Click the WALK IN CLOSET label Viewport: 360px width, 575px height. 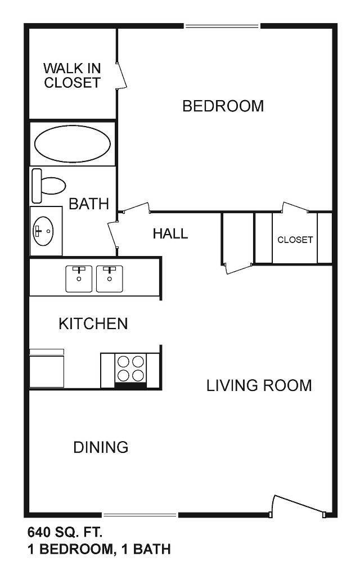point(72,75)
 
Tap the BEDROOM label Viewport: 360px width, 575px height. point(223,106)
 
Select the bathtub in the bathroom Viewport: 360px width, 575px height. point(72,144)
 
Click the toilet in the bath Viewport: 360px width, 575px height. point(48,186)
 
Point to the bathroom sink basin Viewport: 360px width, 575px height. point(43,231)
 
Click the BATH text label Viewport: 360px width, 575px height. point(89,204)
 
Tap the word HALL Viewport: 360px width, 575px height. point(170,233)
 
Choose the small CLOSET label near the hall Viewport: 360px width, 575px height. point(295,240)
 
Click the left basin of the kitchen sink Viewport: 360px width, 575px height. point(79,278)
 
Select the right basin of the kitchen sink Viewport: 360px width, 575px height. point(110,278)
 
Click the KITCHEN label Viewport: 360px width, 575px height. point(93,324)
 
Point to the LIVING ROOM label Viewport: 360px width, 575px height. point(259,385)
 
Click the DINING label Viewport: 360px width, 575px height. point(101,447)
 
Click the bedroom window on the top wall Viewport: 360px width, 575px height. point(222,26)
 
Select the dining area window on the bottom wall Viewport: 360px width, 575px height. point(139,515)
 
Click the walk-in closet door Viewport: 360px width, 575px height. point(121,75)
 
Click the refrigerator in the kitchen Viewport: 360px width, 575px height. point(47,368)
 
